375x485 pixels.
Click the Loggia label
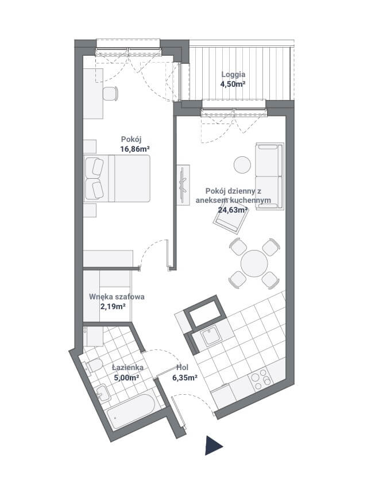[x=233, y=75]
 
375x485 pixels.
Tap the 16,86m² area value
[x=135, y=149]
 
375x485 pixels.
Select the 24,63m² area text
[x=233, y=210]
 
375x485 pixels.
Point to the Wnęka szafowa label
[x=117, y=297]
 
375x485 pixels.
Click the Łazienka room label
[x=127, y=367]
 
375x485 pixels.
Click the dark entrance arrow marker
[x=212, y=445]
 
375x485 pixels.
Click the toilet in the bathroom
[x=93, y=366]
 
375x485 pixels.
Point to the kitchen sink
[x=211, y=337]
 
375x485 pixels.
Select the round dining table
[x=254, y=263]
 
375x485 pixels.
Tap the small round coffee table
[x=242, y=164]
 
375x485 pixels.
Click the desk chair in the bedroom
[x=110, y=94]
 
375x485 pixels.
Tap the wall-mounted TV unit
[x=183, y=184]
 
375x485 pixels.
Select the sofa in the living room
[x=269, y=176]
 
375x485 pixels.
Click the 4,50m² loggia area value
[x=233, y=84]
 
